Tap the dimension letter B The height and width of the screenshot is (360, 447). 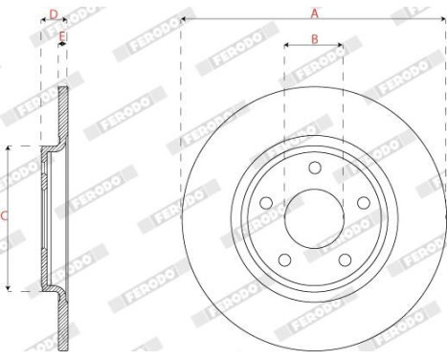[314, 38]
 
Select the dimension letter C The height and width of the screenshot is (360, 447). [5, 217]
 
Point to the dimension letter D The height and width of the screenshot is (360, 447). [54, 14]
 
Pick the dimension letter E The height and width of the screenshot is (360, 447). [62, 36]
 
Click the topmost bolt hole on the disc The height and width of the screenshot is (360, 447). [313, 168]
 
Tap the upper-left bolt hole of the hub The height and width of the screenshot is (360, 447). [268, 202]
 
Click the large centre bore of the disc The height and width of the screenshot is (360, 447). [313, 216]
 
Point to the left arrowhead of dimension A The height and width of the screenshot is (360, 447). [183, 19]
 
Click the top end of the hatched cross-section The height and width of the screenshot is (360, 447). [64, 90]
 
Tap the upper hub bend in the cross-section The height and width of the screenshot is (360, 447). [52, 149]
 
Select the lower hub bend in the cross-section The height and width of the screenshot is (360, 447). [52, 287]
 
